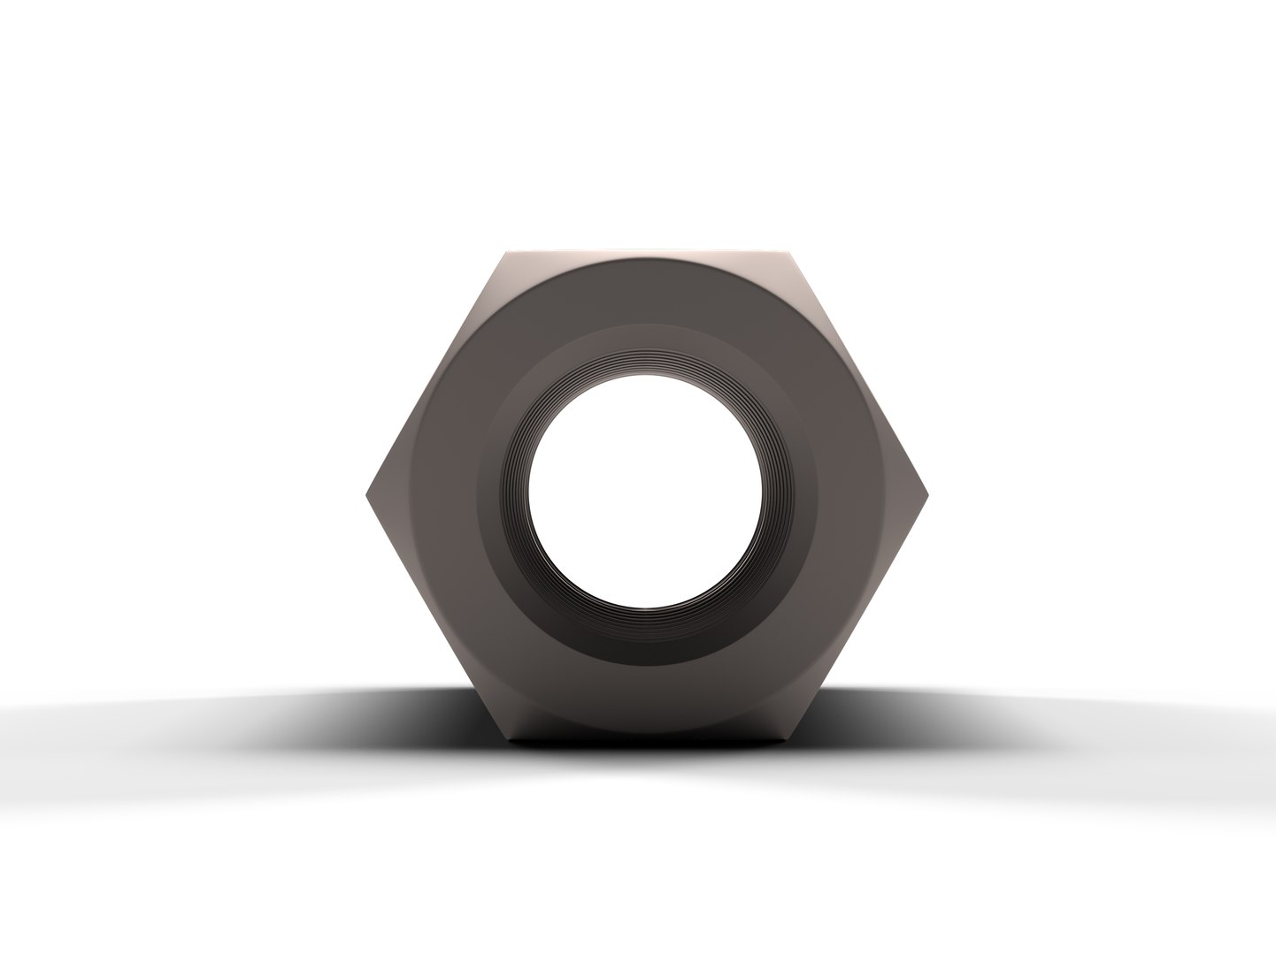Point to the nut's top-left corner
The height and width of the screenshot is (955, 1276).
pyautogui.click(x=507, y=254)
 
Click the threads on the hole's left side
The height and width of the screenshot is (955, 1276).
pyautogui.click(x=515, y=495)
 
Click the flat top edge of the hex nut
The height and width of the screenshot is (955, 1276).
pyautogui.click(x=647, y=255)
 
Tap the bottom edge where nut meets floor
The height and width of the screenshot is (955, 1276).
pyautogui.click(x=647, y=737)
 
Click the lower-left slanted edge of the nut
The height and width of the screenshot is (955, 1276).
pyautogui.click(x=437, y=616)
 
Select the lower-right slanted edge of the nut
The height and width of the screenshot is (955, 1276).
pyautogui.click(x=857, y=616)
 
